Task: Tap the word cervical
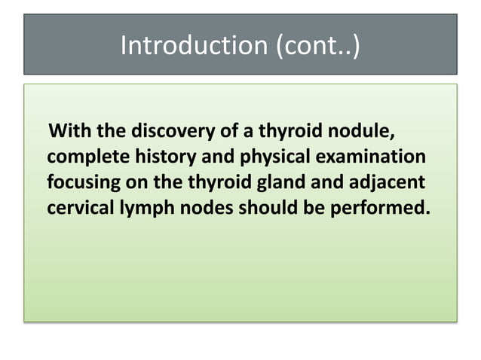tap(78, 206)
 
